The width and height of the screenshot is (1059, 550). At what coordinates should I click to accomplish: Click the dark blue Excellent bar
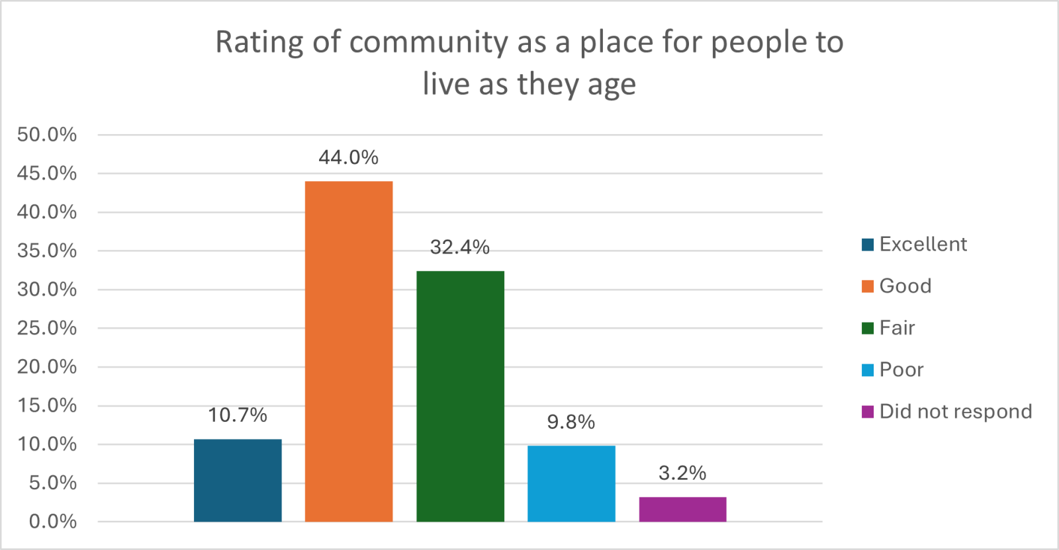238,480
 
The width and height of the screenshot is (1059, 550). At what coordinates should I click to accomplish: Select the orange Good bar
349,351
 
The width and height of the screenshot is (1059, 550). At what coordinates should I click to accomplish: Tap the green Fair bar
460,396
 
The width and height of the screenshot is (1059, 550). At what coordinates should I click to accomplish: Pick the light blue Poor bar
571,483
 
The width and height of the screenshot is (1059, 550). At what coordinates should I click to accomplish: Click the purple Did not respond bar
682,509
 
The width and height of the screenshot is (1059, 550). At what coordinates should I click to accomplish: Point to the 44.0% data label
349,157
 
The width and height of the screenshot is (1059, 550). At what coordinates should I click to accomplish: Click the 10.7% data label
238,415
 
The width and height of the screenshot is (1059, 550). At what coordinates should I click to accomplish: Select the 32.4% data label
460,247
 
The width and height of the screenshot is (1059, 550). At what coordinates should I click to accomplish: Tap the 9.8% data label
571,422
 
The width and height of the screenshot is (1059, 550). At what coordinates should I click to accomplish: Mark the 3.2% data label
682,473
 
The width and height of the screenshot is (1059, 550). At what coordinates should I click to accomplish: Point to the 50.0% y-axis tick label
47,135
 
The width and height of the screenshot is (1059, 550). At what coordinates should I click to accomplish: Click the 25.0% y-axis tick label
47,328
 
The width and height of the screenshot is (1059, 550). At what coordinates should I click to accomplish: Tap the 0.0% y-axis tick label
53,522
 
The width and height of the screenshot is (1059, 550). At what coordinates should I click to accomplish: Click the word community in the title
428,43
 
